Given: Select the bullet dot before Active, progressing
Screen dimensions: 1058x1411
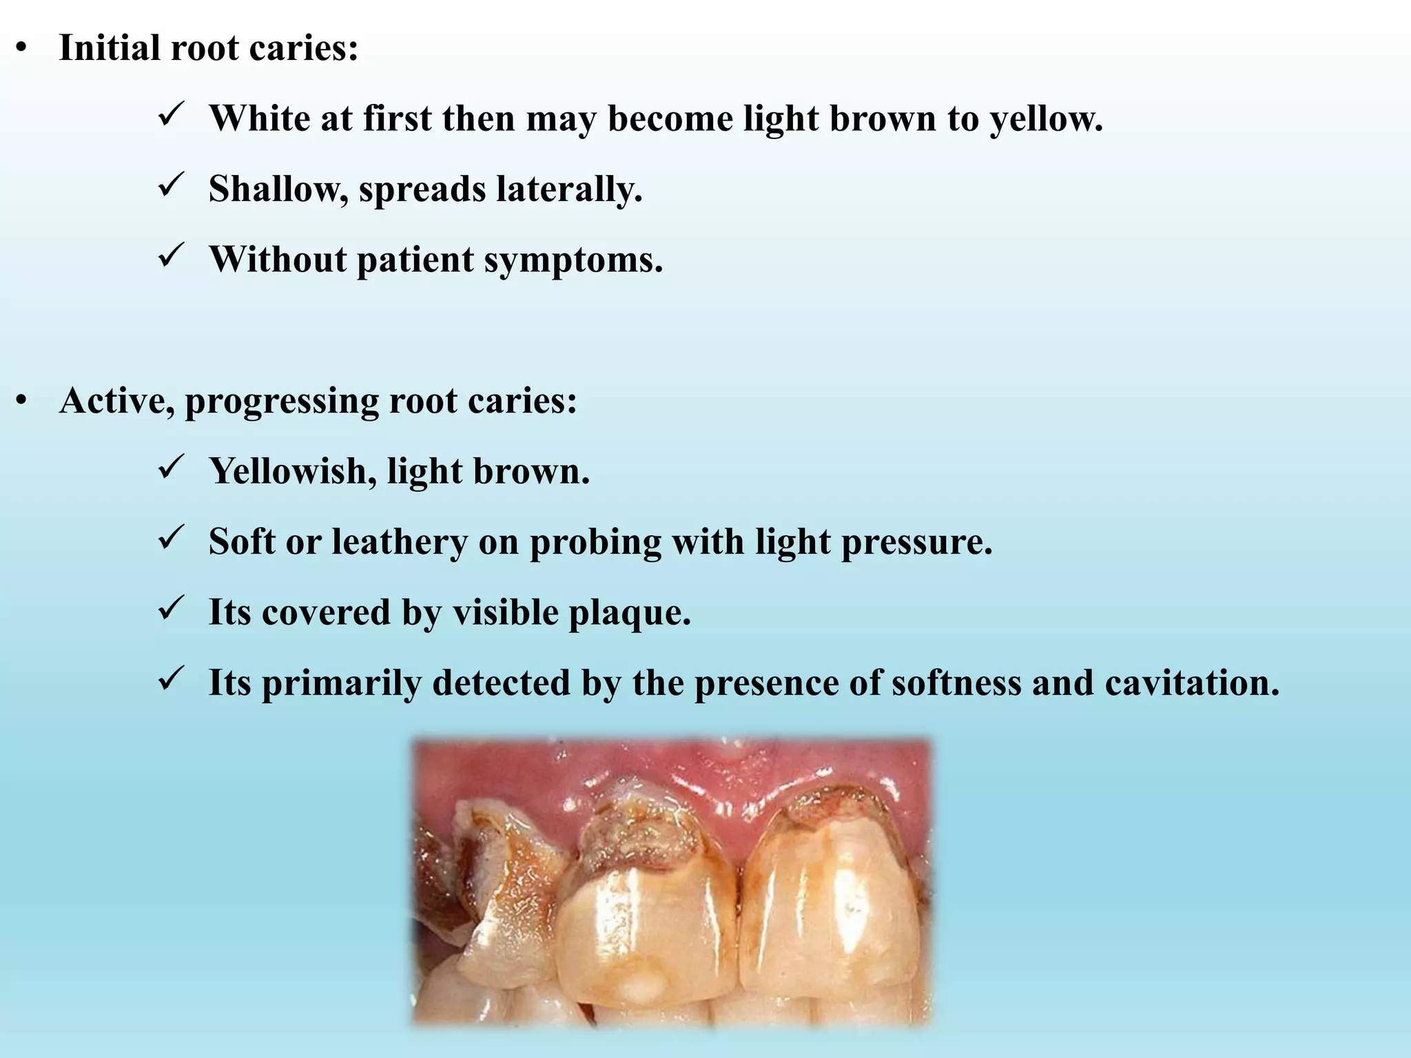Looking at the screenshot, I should pyautogui.click(x=22, y=401).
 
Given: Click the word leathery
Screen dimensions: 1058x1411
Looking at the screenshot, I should pyautogui.click(x=400, y=542).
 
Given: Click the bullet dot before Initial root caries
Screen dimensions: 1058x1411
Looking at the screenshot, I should pyautogui.click(x=22, y=48).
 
